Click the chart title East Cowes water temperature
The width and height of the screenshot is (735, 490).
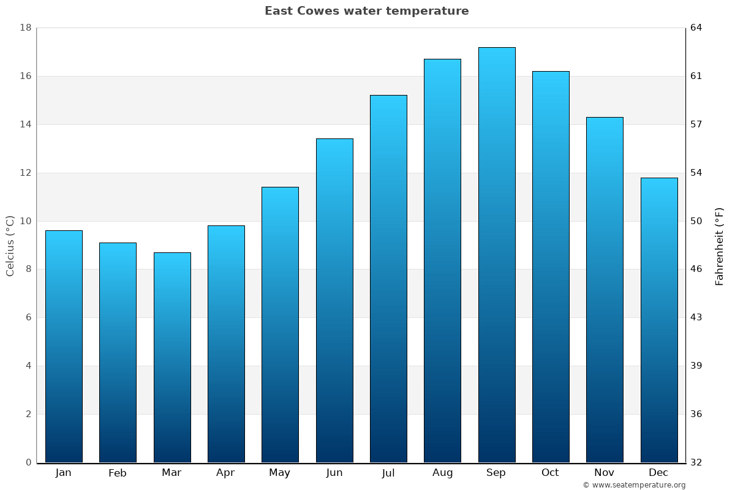tap(366, 11)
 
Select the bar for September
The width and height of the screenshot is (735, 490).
tap(497, 255)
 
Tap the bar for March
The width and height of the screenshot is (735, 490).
tap(172, 357)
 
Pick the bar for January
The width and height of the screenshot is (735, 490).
tap(64, 346)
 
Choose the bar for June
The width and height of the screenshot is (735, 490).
tap(334, 300)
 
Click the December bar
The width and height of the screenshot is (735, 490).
tap(659, 320)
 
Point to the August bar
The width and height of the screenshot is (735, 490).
tap(442, 260)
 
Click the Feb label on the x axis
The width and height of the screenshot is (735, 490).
tap(118, 473)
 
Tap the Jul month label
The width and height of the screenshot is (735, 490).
tap(388, 473)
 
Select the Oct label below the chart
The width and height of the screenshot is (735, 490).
tap(550, 473)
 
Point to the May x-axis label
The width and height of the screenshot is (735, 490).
tap(280, 473)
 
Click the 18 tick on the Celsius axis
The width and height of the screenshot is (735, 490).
tap(26, 28)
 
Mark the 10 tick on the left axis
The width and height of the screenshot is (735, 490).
tap(26, 221)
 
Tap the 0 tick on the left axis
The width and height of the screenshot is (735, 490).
tap(28, 462)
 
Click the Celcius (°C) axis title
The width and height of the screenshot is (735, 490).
tap(10, 245)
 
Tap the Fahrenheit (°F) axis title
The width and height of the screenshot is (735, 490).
tap(719, 246)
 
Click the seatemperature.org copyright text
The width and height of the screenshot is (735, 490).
tap(634, 485)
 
